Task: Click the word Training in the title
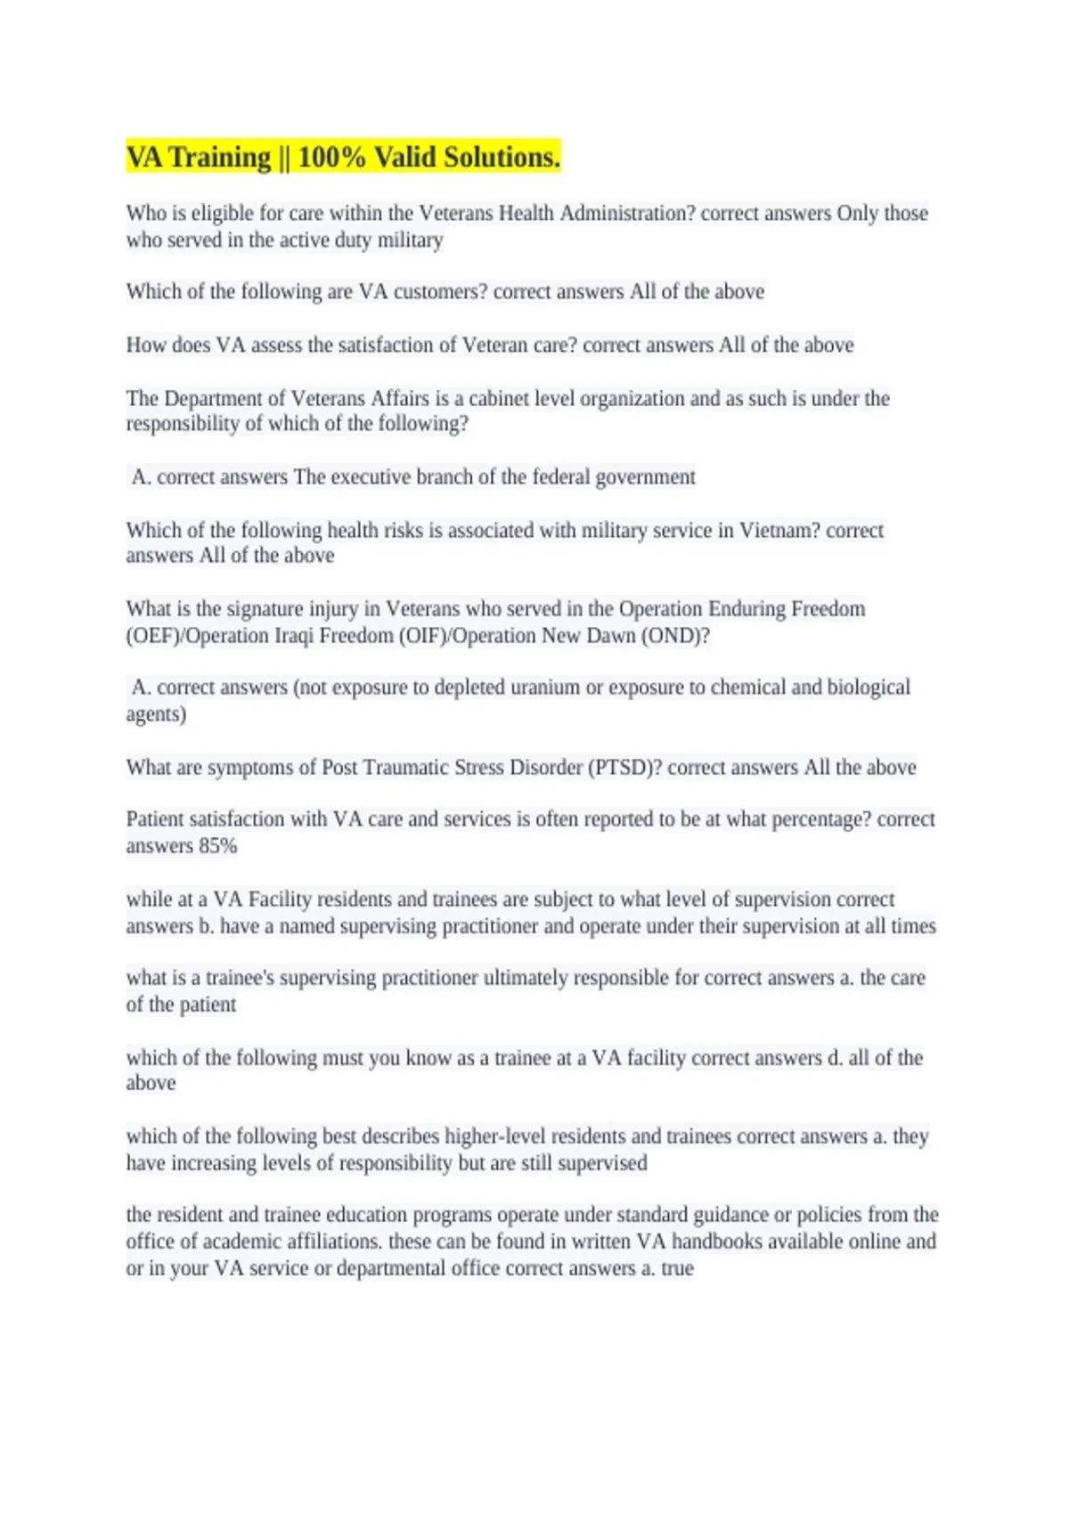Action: (219, 158)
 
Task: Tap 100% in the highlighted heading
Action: (331, 158)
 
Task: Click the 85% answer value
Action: (218, 846)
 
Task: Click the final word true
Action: (677, 1268)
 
